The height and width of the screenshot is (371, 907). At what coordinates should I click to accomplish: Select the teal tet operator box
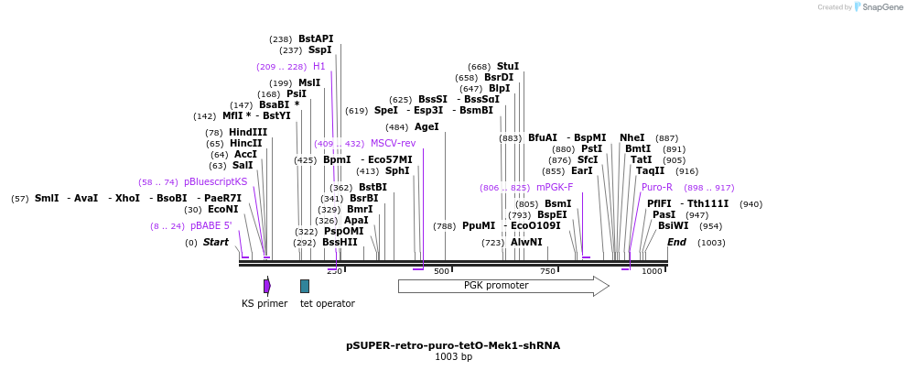pyautogui.click(x=305, y=286)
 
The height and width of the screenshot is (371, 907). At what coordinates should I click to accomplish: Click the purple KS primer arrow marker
pyautogui.click(x=266, y=286)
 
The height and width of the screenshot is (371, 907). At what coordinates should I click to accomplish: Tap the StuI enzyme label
pyautogui.click(x=507, y=67)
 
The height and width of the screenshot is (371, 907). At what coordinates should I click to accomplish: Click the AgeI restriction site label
pyautogui.click(x=427, y=127)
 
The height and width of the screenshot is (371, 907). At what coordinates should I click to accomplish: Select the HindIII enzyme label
pyautogui.click(x=247, y=133)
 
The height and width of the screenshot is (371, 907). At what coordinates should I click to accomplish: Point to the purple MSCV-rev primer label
pyautogui.click(x=393, y=144)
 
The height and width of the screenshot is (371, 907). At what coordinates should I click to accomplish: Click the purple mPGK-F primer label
pyautogui.click(x=554, y=188)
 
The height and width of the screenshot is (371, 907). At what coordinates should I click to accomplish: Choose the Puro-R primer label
pyautogui.click(x=656, y=188)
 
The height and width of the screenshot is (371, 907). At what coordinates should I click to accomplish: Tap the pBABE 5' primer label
pyautogui.click(x=211, y=226)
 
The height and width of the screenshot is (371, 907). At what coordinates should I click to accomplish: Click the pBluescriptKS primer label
pyautogui.click(x=215, y=182)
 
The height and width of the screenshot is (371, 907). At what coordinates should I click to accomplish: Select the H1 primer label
pyautogui.click(x=319, y=67)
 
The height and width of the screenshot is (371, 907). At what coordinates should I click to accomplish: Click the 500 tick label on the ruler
pyautogui.click(x=441, y=271)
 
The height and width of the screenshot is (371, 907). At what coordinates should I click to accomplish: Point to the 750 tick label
pyautogui.click(x=547, y=271)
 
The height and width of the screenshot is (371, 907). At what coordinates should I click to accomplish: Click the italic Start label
pyautogui.click(x=215, y=243)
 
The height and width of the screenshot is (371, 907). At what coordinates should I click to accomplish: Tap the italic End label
pyautogui.click(x=676, y=243)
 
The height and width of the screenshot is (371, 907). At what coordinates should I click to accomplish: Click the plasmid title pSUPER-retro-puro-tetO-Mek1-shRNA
pyautogui.click(x=453, y=346)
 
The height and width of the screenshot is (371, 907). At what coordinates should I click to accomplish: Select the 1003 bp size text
pyautogui.click(x=453, y=357)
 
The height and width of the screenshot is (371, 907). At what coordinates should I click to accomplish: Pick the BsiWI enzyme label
pyautogui.click(x=673, y=226)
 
